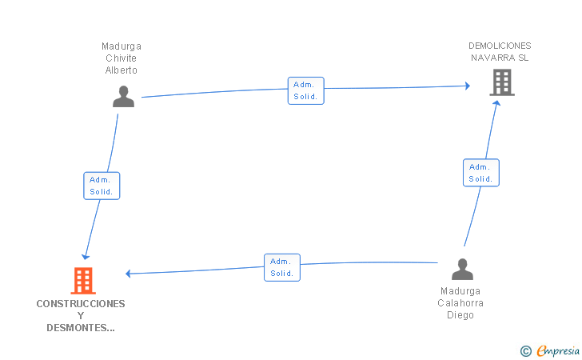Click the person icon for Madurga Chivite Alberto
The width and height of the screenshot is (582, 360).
[124, 97]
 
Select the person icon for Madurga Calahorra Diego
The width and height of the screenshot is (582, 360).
[462, 269]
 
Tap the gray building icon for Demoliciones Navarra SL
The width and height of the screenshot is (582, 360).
[502, 82]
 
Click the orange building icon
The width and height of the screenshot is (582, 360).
[83, 281]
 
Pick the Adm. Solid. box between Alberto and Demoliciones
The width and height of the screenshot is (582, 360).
[306, 90]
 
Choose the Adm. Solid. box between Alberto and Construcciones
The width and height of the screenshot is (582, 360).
[102, 186]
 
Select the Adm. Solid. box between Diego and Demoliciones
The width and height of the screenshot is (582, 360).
[481, 173]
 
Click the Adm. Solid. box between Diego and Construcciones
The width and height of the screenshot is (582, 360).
[282, 267]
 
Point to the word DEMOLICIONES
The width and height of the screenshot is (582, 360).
[500, 46]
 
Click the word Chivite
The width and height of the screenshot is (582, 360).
[121, 58]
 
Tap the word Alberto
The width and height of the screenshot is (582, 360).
[121, 70]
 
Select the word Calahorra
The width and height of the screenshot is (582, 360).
[460, 303]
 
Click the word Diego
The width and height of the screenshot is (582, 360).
[460, 315]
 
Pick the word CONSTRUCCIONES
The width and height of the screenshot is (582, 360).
[81, 304]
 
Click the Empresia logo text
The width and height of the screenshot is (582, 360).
[558, 350]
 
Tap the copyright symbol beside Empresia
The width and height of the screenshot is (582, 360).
[526, 351]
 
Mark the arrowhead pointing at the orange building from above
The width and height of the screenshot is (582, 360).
[86, 257]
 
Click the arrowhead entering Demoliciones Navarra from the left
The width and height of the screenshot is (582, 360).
[468, 86]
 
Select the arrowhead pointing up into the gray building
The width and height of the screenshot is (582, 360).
[496, 103]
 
